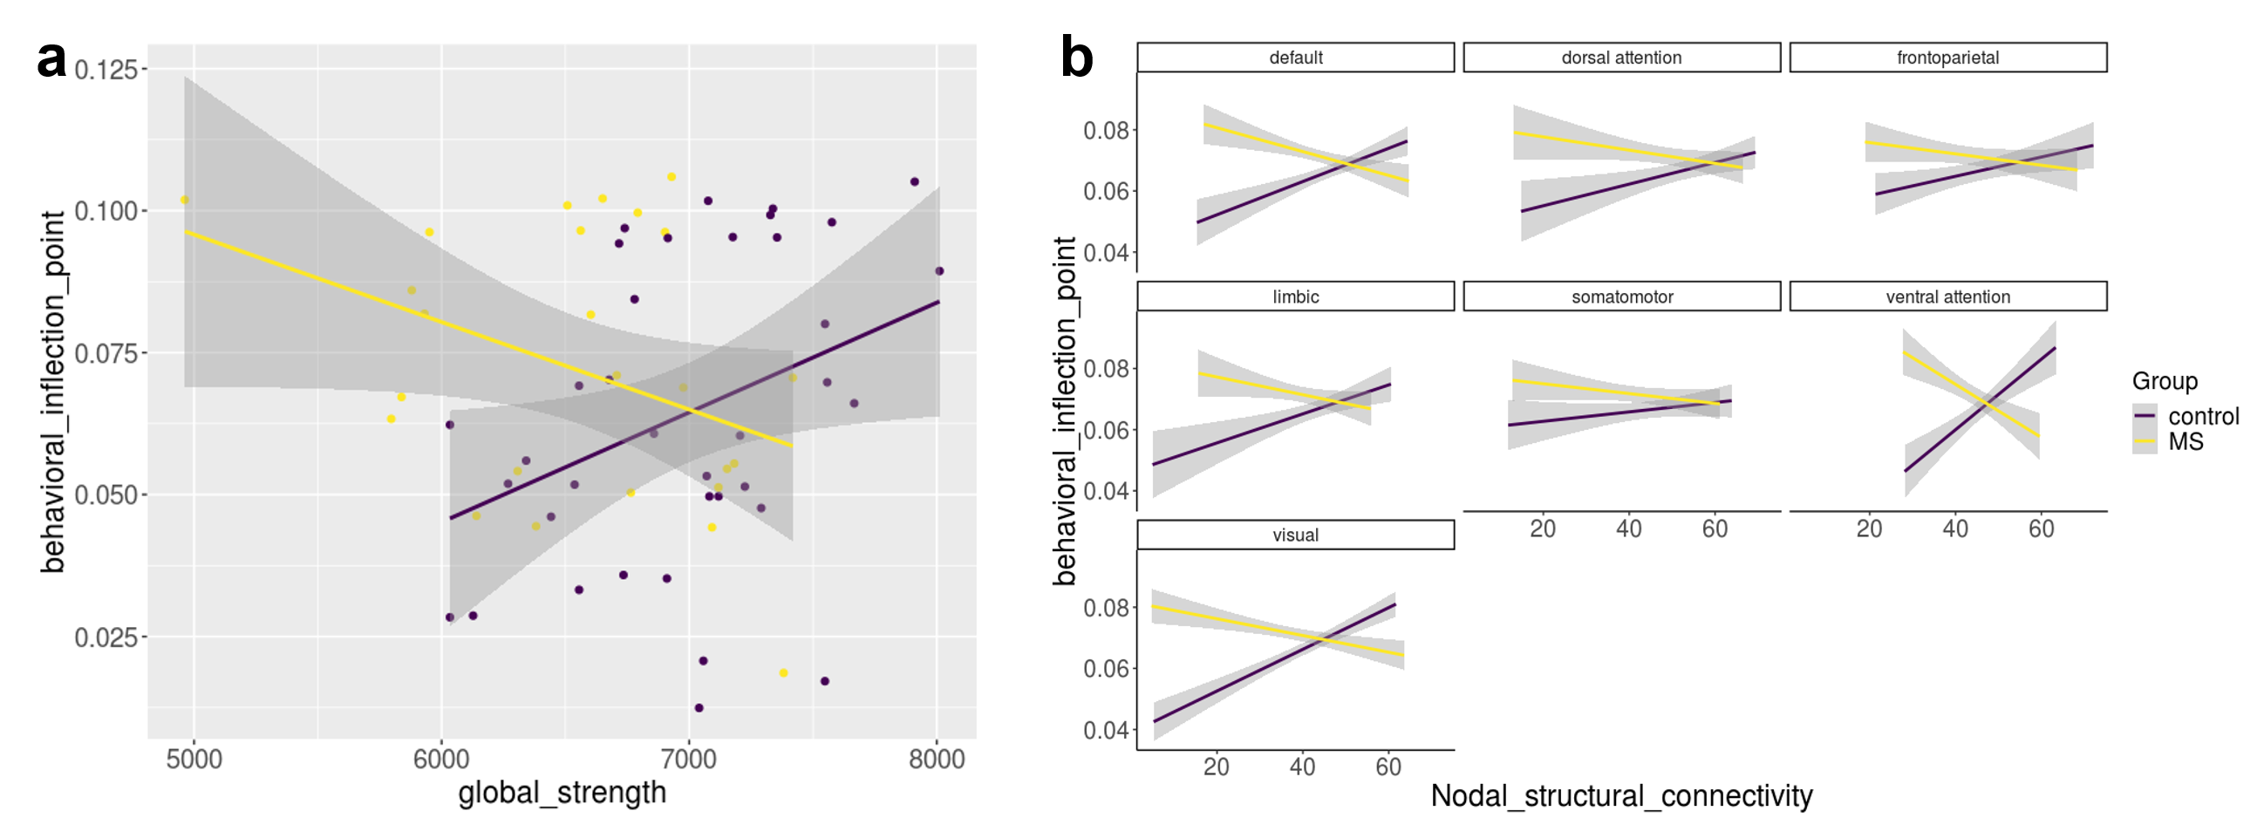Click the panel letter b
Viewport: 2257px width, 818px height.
pos(1077,58)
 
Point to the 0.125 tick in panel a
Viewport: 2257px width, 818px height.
pos(106,69)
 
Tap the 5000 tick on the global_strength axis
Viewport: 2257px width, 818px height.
pos(194,759)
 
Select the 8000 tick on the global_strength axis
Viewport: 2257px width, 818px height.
pos(937,759)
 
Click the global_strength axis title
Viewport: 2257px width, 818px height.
pos(562,793)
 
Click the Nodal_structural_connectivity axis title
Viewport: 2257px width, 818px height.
pos(1621,796)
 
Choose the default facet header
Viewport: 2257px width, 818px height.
pos(1295,58)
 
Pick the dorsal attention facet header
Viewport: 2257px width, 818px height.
pos(1621,58)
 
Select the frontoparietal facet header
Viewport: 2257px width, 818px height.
pos(1947,58)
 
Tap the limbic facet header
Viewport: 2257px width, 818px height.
pos(1295,297)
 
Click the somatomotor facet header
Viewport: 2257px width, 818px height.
pos(1621,297)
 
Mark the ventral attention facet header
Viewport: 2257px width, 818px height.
pos(1947,297)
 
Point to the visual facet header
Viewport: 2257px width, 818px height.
pos(1295,535)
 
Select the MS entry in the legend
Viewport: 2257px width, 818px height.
pos(2185,441)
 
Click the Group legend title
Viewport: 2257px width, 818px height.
pos(2165,381)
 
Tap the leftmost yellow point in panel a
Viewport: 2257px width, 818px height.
pos(185,200)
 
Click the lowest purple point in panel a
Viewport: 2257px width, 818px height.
pos(699,707)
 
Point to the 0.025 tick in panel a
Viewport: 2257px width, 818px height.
pos(106,637)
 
